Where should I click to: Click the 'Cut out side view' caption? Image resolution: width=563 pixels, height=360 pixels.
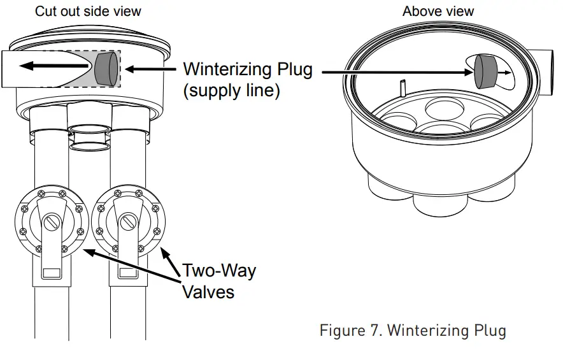[88, 11]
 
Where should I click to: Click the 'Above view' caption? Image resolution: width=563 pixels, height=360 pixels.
[438, 11]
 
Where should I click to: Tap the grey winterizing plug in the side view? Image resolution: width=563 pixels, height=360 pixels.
[106, 68]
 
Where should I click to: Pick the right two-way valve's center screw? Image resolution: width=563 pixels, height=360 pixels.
[127, 222]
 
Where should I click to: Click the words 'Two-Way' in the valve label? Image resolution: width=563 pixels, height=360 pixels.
[219, 270]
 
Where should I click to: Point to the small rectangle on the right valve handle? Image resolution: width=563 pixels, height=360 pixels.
[127, 273]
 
